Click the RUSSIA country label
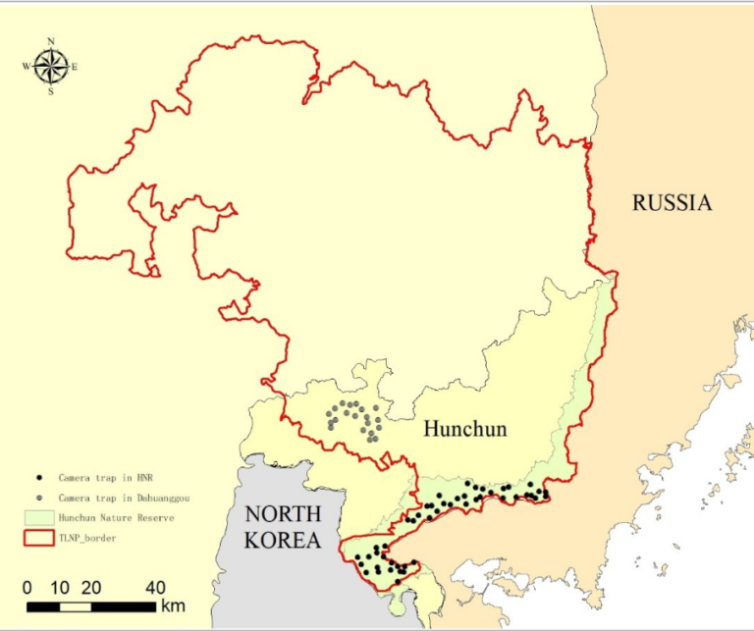672,203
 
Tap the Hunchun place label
464,429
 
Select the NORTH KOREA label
283,527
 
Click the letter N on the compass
51,41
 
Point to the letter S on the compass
51,92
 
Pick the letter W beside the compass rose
27,67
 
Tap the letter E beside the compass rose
75,67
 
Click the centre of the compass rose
51,67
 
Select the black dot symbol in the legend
39,479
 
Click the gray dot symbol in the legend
39,499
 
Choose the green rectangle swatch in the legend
38,517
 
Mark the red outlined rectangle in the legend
38,538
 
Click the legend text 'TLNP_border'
88,538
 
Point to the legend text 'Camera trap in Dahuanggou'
122,499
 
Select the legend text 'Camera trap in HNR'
102,479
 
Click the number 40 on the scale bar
155,588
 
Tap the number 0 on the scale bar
27,588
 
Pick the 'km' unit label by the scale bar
174,605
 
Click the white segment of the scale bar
76,606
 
